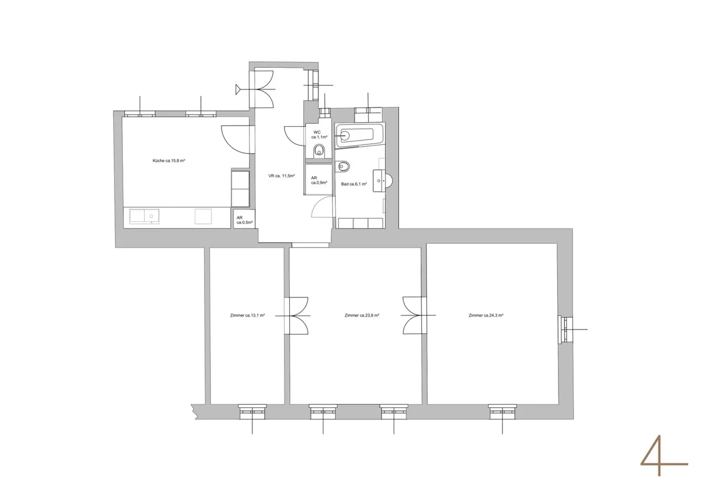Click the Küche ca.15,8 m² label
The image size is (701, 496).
(169, 161)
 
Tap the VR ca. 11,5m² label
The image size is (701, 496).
(282, 176)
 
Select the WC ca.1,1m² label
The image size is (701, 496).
(319, 134)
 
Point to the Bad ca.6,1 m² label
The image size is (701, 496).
(353, 184)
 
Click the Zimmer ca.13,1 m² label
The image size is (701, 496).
(247, 315)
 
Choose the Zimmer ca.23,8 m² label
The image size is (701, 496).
(362, 315)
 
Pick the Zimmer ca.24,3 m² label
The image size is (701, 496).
(485, 315)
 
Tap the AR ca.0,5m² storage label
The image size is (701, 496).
(244, 220)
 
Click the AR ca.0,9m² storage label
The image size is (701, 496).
(319, 181)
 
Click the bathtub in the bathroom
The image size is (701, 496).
(359, 136)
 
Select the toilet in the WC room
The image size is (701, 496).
(319, 151)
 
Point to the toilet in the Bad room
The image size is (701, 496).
(342, 166)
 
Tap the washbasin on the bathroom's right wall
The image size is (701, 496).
(383, 181)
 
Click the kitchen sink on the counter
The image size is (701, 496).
(144, 217)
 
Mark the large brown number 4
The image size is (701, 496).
(664, 455)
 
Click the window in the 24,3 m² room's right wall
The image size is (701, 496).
(565, 329)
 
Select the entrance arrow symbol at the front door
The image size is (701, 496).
(240, 89)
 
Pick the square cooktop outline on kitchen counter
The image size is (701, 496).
(203, 217)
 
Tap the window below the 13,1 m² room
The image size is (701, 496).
(252, 411)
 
